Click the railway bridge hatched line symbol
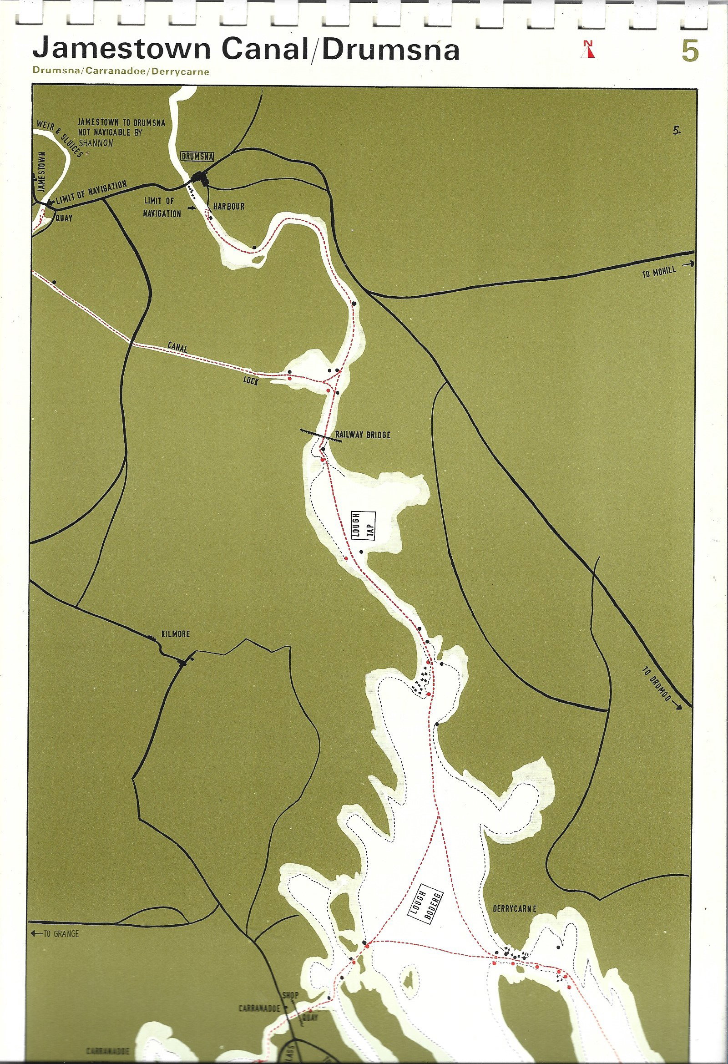click(321, 436)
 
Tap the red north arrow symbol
click(588, 50)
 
